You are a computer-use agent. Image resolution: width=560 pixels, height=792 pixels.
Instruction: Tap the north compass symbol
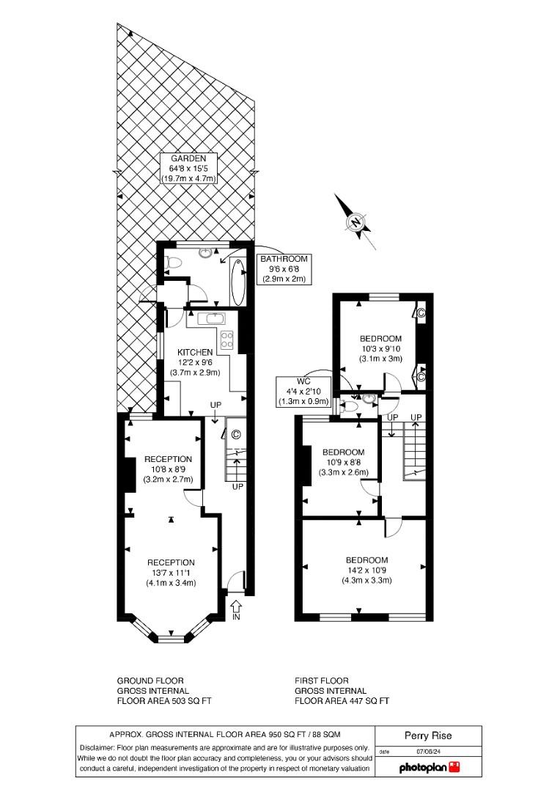[356, 222]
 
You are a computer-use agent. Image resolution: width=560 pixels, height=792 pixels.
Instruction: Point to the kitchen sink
[213, 318]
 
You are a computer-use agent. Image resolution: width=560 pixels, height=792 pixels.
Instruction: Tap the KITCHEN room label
[189, 352]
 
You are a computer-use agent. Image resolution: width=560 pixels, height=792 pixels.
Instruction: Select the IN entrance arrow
[236, 609]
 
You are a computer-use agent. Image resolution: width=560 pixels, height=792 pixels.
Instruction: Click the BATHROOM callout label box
[285, 269]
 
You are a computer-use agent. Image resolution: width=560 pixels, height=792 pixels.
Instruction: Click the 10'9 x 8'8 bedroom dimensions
[343, 463]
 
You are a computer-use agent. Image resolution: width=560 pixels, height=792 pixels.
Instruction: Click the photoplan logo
[430, 768]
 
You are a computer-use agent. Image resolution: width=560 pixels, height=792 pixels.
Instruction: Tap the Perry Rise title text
[428, 736]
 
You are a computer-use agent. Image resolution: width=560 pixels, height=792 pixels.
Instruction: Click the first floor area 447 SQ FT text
[342, 700]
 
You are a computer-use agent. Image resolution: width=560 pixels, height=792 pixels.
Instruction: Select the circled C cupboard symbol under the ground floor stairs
[235, 434]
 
